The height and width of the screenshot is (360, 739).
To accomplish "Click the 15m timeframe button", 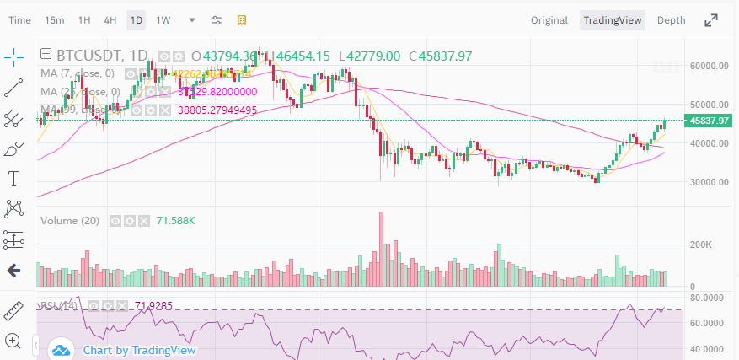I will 55,19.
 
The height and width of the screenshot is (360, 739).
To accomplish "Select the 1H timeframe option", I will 84,19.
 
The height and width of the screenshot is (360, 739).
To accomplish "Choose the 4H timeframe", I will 110,19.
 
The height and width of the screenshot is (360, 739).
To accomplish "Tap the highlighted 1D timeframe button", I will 137,19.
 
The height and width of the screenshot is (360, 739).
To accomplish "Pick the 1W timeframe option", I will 163,19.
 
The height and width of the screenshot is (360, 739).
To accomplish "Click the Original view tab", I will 549,20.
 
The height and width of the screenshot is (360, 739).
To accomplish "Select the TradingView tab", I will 613,20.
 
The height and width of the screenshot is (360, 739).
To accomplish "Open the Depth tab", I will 671,20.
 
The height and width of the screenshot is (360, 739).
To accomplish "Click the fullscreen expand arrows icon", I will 712,20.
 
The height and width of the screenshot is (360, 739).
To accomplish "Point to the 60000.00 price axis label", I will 709,65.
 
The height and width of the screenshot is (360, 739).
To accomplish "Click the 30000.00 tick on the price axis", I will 709,182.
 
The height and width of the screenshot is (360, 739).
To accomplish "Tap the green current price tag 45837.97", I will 709,121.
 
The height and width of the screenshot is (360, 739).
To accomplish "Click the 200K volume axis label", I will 702,244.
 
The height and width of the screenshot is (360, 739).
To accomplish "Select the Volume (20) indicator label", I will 70,221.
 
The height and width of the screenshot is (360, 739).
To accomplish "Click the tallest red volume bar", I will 381,249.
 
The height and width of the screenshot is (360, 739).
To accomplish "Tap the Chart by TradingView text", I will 139,350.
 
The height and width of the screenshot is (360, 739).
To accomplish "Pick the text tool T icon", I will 14,178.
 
